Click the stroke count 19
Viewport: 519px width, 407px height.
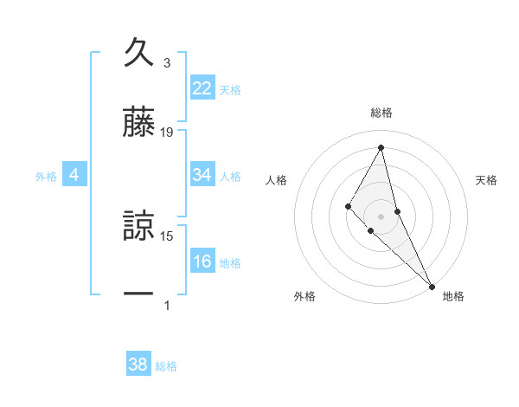(x=167, y=132)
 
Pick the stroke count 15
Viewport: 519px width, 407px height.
(x=167, y=236)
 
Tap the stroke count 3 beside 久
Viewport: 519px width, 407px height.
(x=167, y=62)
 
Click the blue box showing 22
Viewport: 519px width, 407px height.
(x=202, y=87)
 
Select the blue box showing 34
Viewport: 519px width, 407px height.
(x=202, y=175)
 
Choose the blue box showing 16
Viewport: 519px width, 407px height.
(x=202, y=262)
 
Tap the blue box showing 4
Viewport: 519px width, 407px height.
(x=74, y=175)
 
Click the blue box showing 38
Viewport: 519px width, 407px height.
(x=138, y=365)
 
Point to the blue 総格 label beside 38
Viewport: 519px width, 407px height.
(x=166, y=366)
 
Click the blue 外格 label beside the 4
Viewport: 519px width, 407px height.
(x=46, y=177)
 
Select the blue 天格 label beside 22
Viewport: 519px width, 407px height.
(x=230, y=89)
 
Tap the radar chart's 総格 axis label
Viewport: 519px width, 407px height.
(x=381, y=113)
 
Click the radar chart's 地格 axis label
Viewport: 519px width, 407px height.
(x=453, y=296)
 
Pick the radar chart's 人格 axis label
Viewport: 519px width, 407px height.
(x=277, y=180)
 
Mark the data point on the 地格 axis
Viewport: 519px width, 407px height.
(x=432, y=286)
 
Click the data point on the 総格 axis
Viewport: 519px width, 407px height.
(x=381, y=146)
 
